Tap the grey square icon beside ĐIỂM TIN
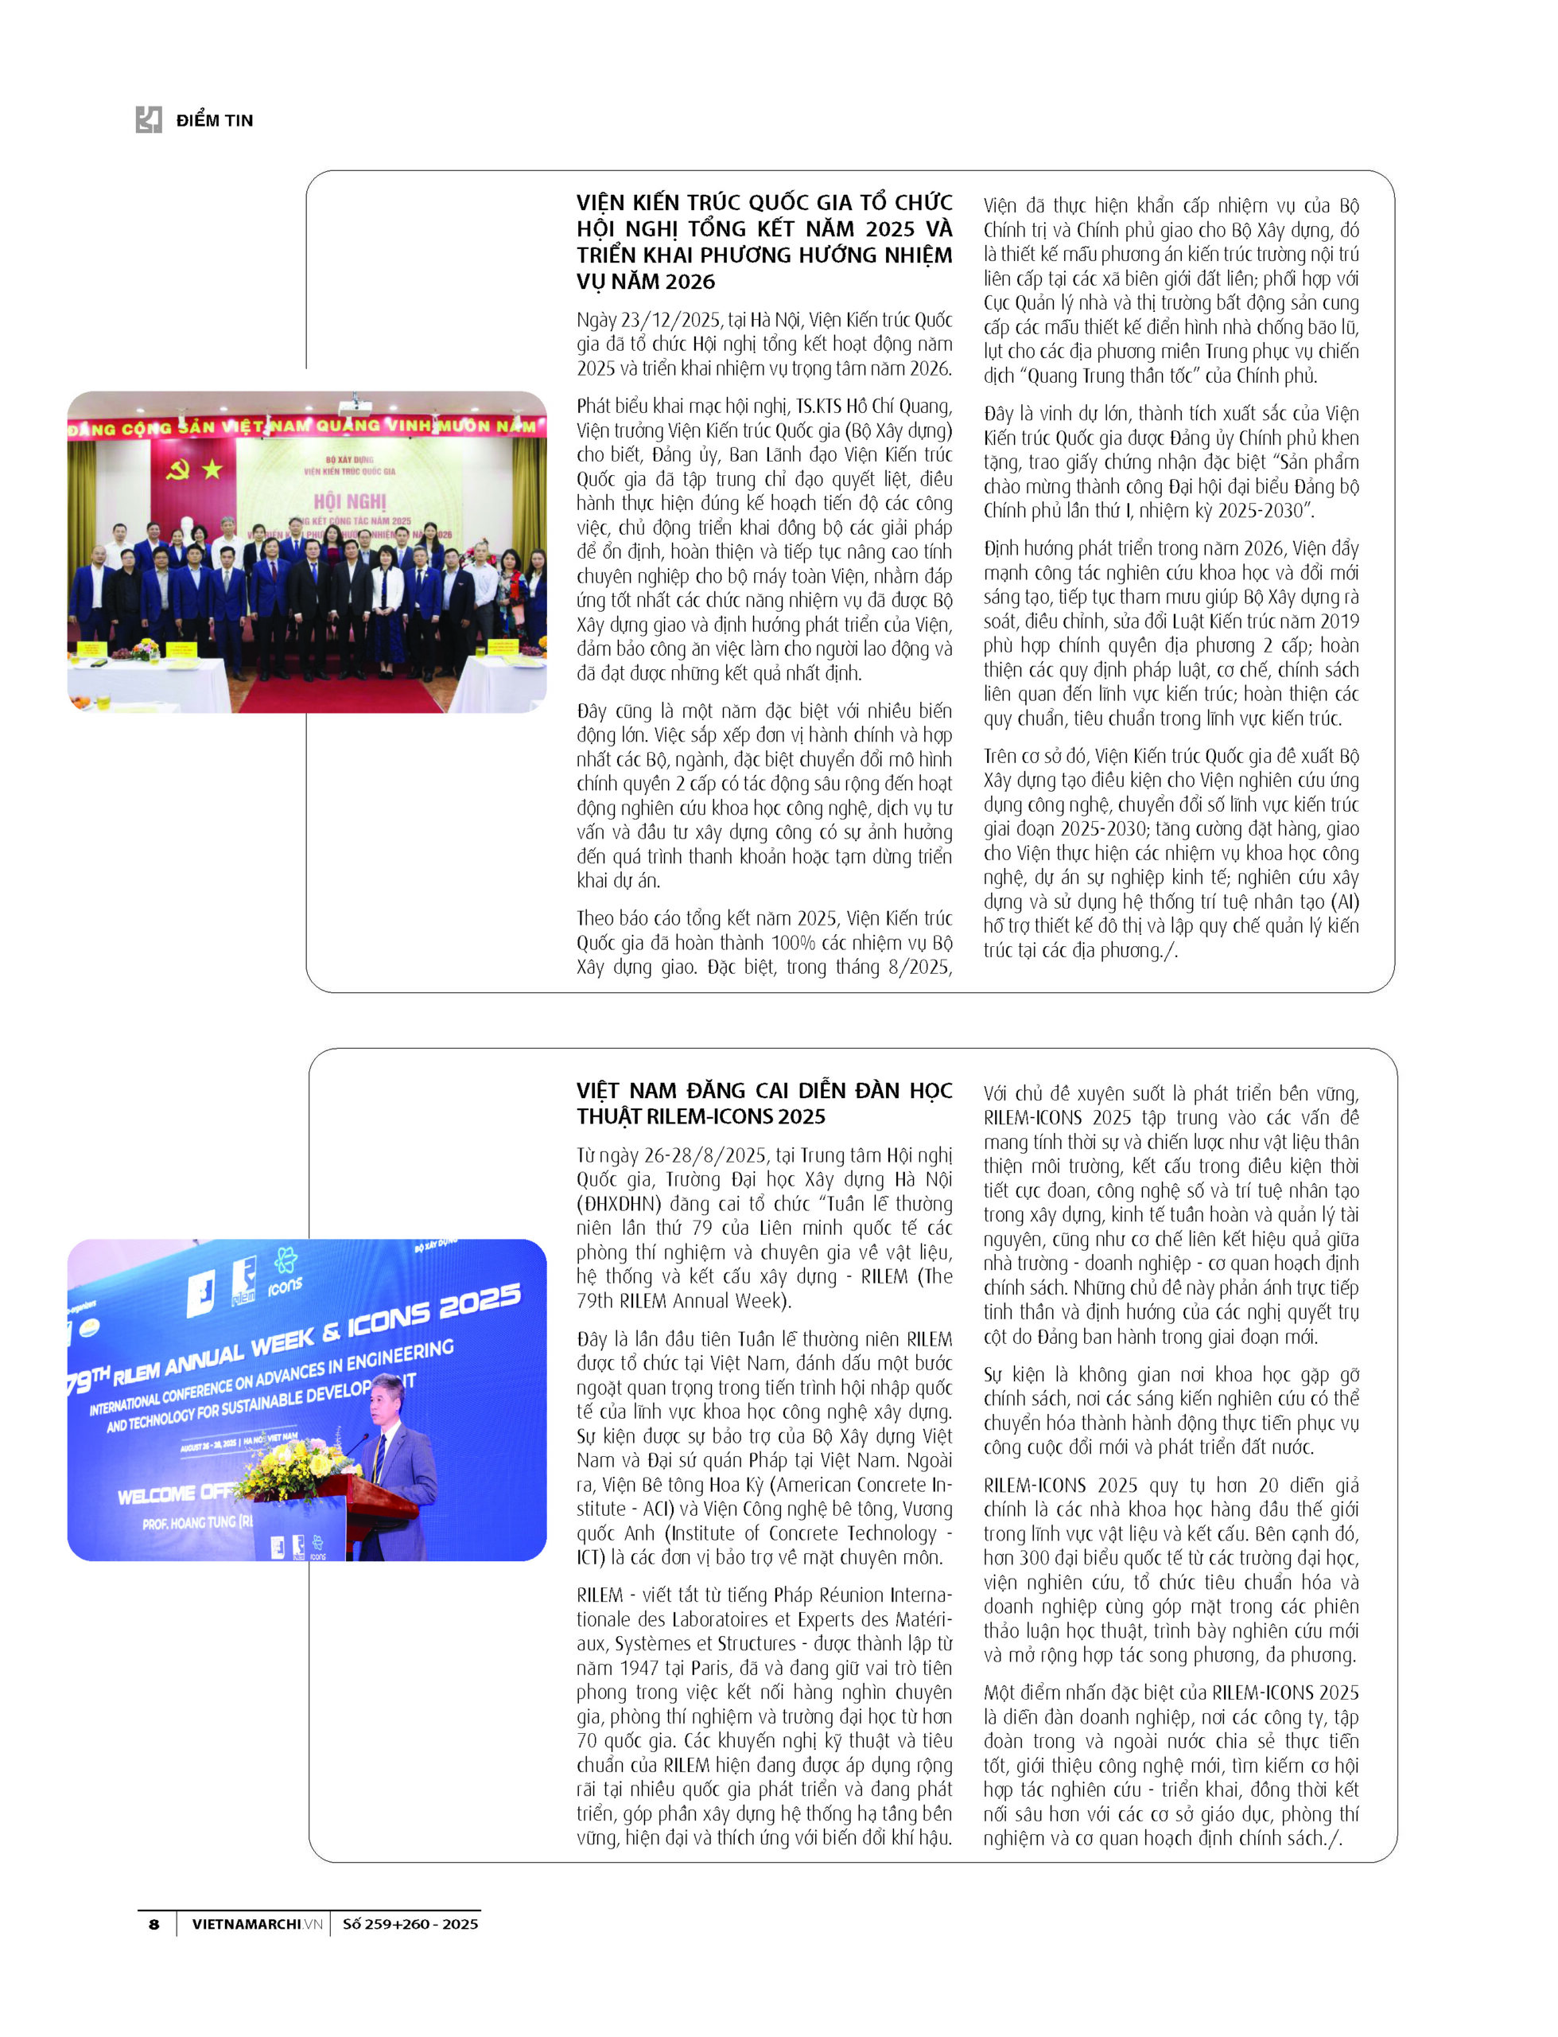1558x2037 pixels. [149, 119]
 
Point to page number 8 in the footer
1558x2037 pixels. [154, 1924]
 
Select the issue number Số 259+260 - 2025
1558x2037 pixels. [410, 1924]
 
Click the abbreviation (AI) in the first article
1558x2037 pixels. [1345, 902]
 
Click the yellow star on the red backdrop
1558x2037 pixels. [212, 469]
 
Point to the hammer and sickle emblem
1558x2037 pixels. [177, 469]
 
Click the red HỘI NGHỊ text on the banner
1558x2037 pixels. [350, 502]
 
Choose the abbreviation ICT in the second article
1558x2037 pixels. [590, 1557]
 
